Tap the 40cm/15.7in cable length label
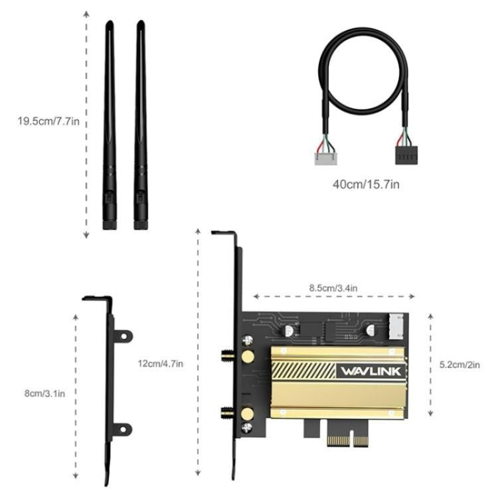click(x=367, y=183)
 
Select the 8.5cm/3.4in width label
click(x=333, y=288)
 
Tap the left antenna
click(x=110, y=120)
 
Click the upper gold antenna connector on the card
click(x=246, y=357)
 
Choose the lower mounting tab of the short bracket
click(x=124, y=429)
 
